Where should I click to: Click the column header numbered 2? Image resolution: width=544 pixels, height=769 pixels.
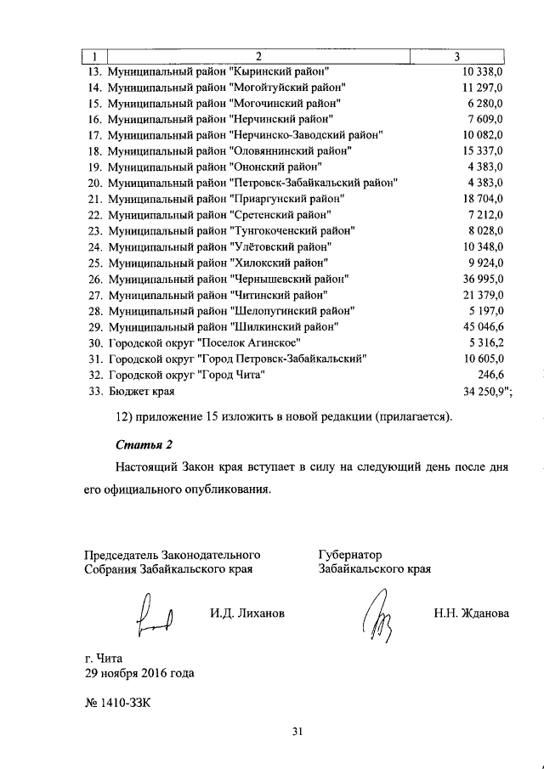(x=258, y=56)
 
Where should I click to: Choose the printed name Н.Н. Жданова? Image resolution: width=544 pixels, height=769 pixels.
(x=470, y=613)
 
